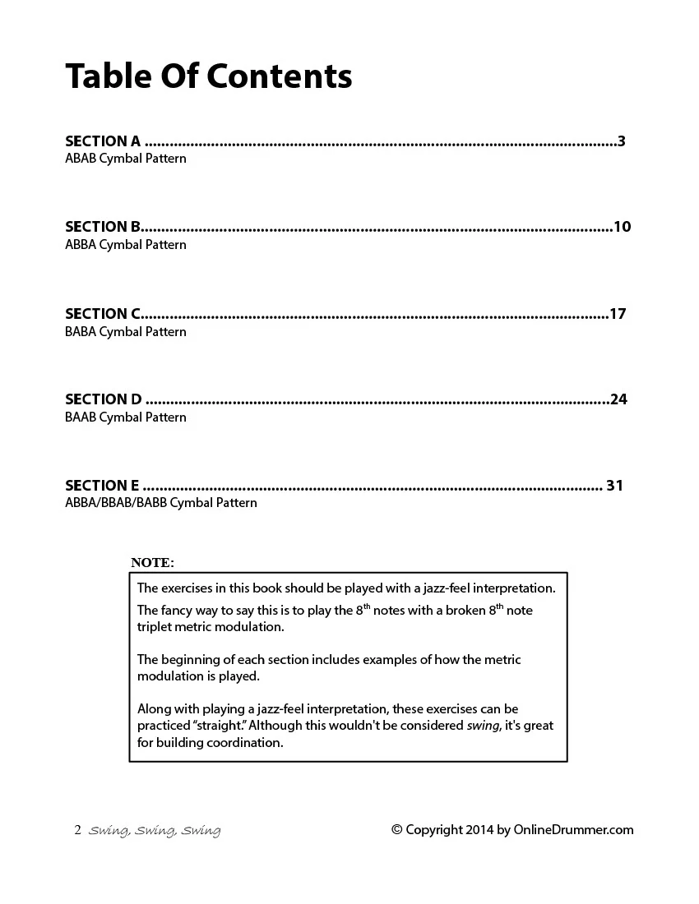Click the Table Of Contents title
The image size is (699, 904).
click(x=209, y=76)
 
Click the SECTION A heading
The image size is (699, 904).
click(x=103, y=141)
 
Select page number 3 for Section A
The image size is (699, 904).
click(x=622, y=141)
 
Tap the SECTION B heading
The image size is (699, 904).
click(x=103, y=227)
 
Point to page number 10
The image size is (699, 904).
click(x=622, y=227)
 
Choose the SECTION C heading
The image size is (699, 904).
click(x=103, y=314)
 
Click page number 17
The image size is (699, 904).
click(x=618, y=314)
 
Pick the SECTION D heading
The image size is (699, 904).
click(x=104, y=399)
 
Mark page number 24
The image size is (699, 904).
click(x=618, y=399)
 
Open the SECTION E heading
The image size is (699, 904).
click(x=102, y=486)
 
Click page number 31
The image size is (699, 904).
click(x=614, y=486)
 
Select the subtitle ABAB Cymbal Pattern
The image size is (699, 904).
click(x=126, y=159)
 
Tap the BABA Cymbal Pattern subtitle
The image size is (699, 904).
click(x=126, y=332)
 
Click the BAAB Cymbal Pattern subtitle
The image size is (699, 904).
click(x=126, y=417)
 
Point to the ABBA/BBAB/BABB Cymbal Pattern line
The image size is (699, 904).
click(x=161, y=503)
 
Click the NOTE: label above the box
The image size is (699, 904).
click(x=152, y=563)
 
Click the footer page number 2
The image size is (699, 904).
click(x=77, y=830)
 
